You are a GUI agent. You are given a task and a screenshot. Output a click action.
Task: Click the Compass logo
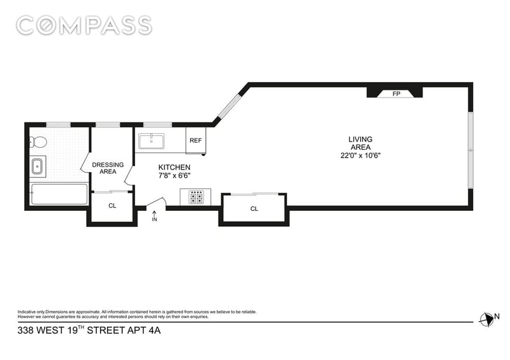(x=84, y=25)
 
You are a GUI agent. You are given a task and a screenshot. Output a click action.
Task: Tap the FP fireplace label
(x=396, y=94)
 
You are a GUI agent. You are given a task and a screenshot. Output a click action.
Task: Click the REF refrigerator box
(x=196, y=140)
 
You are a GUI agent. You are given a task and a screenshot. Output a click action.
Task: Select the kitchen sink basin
(x=152, y=141)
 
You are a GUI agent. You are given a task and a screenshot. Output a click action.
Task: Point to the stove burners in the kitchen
(x=196, y=197)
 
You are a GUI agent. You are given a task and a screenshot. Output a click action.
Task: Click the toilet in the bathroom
(x=38, y=142)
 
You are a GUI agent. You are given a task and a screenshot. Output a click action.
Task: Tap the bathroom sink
(x=38, y=166)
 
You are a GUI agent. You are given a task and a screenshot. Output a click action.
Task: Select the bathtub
(x=59, y=194)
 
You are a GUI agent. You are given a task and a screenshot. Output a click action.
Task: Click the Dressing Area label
(x=108, y=168)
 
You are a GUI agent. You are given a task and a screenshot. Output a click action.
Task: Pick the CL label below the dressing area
(x=112, y=206)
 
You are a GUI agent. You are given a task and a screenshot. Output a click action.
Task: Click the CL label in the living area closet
(x=254, y=209)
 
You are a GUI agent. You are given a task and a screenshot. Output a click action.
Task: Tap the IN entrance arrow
(x=154, y=216)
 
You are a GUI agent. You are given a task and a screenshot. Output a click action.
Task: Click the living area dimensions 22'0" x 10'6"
(x=360, y=155)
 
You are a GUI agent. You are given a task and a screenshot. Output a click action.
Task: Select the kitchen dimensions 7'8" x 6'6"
(x=174, y=176)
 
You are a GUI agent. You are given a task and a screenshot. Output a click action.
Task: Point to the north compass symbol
(x=486, y=319)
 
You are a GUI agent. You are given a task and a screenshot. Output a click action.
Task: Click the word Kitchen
(x=174, y=168)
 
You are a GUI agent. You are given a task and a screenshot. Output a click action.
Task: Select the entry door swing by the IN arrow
(x=156, y=202)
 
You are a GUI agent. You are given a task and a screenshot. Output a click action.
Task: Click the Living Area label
(x=360, y=143)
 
